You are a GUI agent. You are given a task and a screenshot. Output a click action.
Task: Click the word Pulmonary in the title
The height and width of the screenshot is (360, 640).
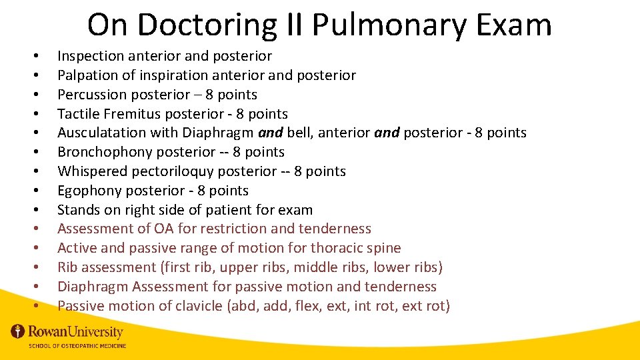tap(377, 25)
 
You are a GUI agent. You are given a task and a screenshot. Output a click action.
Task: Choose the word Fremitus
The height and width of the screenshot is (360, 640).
tap(129, 114)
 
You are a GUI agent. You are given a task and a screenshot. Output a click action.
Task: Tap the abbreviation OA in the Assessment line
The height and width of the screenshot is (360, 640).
tap(164, 229)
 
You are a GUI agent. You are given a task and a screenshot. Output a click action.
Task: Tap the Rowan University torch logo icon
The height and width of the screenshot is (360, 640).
tap(17, 331)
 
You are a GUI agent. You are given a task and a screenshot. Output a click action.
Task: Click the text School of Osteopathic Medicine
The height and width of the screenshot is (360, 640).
tap(77, 345)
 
